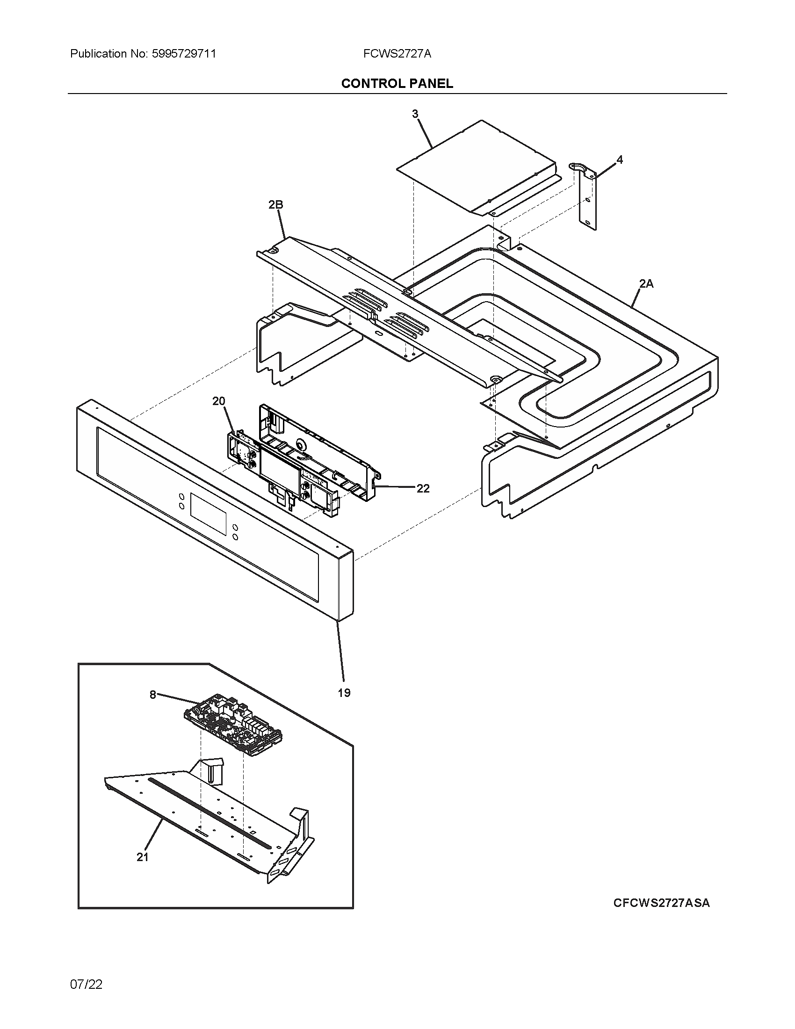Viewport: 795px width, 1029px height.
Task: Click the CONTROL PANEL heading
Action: (397, 83)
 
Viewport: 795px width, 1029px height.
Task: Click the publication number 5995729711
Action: (184, 54)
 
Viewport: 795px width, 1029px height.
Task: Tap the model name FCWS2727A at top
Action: (397, 54)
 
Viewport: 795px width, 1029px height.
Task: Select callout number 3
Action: (415, 114)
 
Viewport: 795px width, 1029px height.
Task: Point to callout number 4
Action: (620, 159)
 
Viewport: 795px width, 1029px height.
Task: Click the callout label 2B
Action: (275, 204)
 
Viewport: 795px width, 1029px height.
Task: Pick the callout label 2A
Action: (646, 283)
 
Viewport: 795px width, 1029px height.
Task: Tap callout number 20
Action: (218, 401)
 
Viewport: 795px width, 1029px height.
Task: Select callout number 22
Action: (423, 489)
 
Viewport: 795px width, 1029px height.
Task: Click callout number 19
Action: (344, 693)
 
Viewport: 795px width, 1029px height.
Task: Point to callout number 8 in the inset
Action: (152, 695)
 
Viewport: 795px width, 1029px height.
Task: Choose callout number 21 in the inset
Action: (143, 857)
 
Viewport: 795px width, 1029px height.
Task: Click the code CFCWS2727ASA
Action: (661, 903)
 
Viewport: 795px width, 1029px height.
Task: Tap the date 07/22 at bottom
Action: (86, 985)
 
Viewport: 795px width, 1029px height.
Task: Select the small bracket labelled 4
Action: (587, 198)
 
